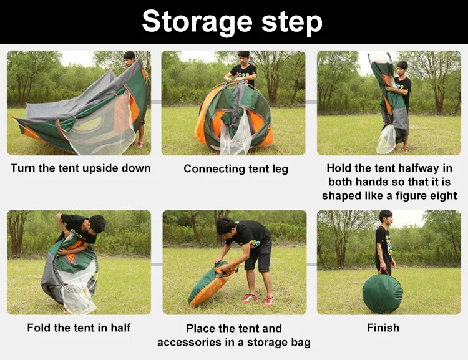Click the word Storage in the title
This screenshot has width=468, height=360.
(x=197, y=21)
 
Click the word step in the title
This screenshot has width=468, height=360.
(x=292, y=22)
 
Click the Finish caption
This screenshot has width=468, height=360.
(x=383, y=328)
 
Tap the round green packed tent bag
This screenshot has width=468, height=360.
(x=383, y=293)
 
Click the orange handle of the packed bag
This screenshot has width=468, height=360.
(x=384, y=271)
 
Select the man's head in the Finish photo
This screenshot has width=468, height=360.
(x=386, y=217)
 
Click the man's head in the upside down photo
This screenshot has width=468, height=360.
(x=130, y=58)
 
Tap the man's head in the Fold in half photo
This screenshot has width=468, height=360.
(x=97, y=223)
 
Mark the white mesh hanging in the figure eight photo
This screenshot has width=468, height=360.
(x=386, y=139)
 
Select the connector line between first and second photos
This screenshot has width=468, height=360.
(x=156, y=102)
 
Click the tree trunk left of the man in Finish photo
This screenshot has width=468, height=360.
(x=340, y=254)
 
